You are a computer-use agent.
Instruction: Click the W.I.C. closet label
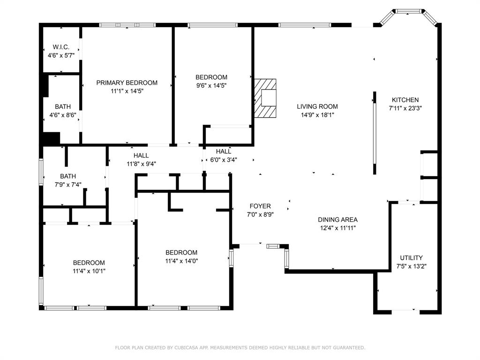click(61, 47)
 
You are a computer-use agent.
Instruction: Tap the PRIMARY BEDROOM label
click(127, 82)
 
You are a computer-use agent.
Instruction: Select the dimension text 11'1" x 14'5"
click(127, 91)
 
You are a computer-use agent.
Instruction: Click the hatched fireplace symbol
click(265, 98)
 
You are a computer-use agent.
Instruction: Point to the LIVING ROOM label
click(317, 106)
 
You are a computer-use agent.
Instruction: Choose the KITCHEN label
click(405, 100)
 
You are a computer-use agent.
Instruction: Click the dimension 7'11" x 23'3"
click(405, 108)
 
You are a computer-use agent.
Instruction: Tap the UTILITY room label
click(412, 258)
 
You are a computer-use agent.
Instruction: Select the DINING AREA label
click(337, 219)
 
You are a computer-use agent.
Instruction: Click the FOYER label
click(260, 206)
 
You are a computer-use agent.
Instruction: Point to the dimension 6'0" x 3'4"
click(224, 160)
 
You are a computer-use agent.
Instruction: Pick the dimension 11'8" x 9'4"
click(141, 164)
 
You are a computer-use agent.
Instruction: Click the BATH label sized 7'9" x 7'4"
click(68, 176)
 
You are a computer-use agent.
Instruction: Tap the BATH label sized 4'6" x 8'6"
click(63, 106)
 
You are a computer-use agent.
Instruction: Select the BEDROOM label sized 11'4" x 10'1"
click(89, 262)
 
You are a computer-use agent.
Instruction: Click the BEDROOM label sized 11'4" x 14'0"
click(181, 253)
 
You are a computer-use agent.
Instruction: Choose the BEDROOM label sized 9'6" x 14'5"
click(211, 77)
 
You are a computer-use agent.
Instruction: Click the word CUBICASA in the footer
click(187, 347)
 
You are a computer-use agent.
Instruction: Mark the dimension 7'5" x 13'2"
click(412, 266)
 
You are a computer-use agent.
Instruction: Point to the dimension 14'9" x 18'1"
click(317, 115)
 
